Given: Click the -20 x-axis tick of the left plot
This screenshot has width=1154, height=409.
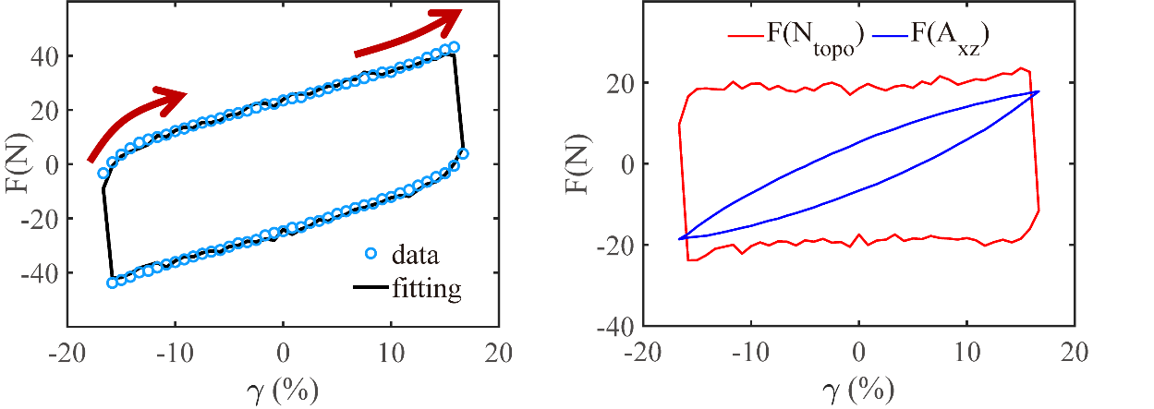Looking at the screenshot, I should pyautogui.click(x=67, y=355).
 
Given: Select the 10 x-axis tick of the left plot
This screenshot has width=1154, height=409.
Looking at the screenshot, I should pyautogui.click(x=391, y=355).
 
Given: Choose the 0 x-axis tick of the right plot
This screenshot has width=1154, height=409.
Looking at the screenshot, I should pyautogui.click(x=859, y=355).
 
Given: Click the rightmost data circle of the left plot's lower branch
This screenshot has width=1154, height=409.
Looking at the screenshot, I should pyautogui.click(x=463, y=154).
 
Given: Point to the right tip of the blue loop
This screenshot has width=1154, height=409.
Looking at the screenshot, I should pyautogui.click(x=1039, y=90).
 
